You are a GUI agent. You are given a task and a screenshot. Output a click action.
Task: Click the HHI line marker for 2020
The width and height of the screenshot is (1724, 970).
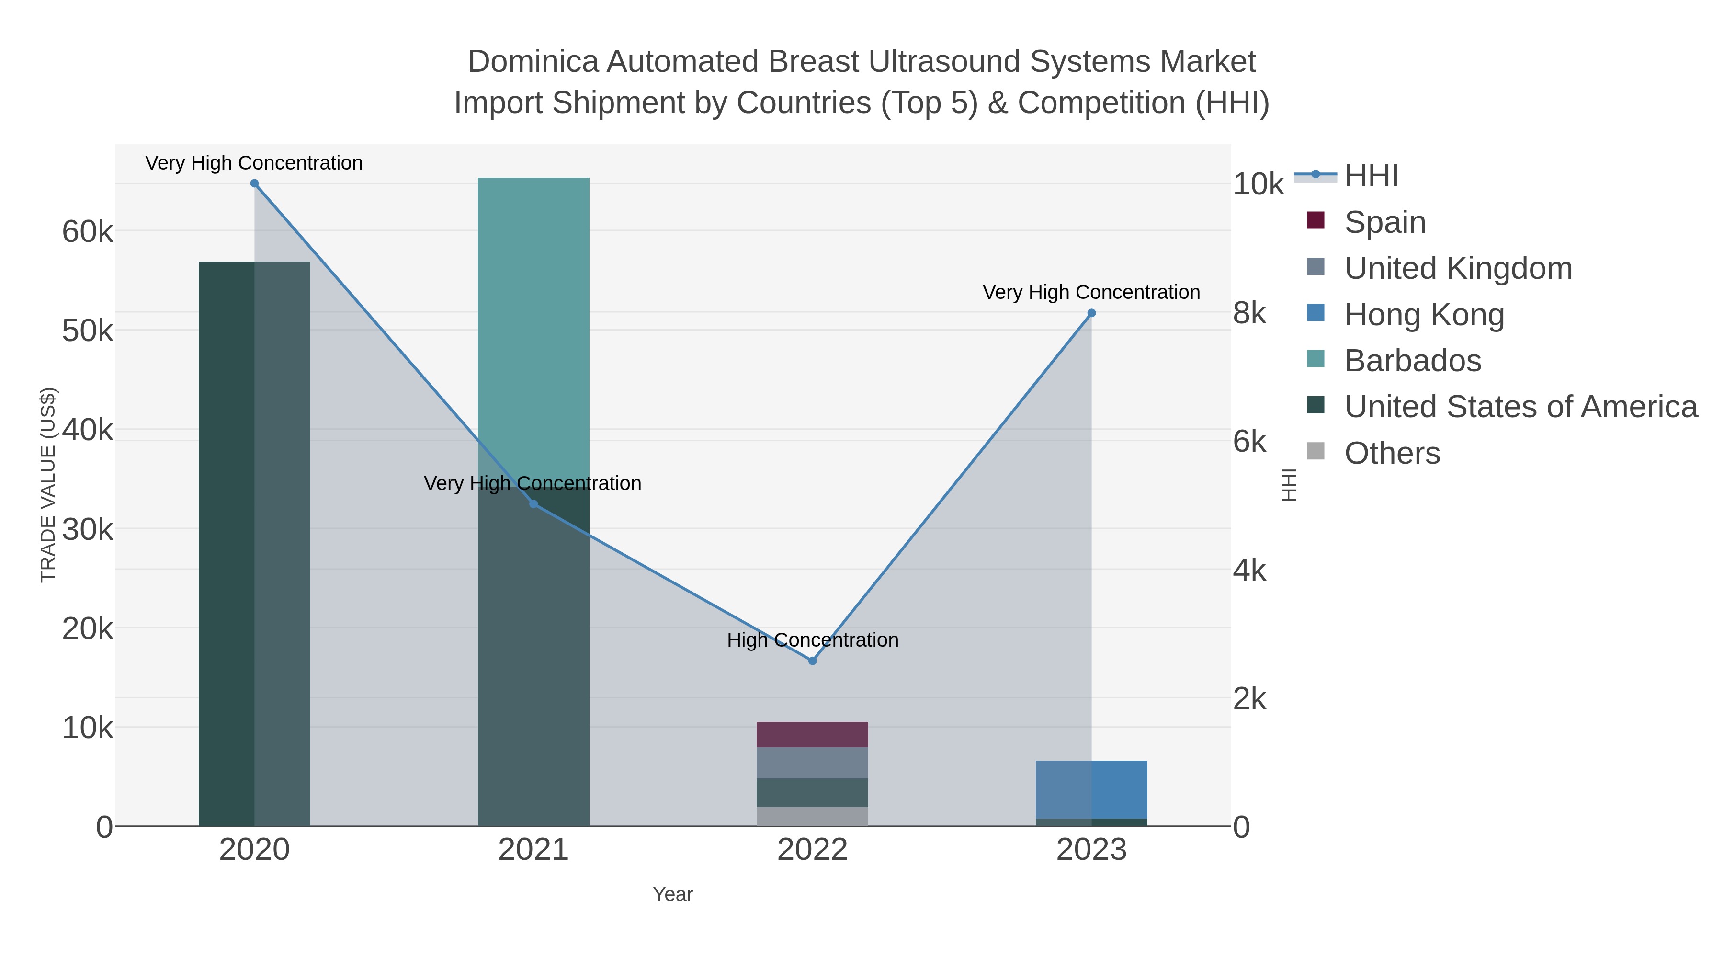(254, 183)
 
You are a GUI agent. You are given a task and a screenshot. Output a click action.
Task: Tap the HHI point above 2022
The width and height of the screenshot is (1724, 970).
(813, 661)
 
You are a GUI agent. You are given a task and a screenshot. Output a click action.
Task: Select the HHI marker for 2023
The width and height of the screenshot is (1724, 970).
(1091, 313)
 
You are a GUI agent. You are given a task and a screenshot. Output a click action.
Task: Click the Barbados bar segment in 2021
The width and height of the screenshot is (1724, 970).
(533, 321)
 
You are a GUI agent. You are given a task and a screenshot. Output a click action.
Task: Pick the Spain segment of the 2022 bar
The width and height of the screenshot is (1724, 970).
(813, 734)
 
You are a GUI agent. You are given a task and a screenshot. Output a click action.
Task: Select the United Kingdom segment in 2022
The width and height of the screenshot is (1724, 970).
(813, 763)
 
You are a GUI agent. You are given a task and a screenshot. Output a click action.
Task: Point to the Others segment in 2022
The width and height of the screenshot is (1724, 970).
(813, 817)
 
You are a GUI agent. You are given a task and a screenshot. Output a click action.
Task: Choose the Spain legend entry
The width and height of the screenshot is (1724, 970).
(1384, 222)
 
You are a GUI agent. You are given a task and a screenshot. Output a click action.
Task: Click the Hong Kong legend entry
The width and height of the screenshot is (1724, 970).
(1424, 315)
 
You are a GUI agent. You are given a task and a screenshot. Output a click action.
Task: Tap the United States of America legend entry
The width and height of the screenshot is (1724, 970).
(1520, 407)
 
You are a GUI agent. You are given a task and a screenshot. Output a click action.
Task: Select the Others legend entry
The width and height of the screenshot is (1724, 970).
(1391, 453)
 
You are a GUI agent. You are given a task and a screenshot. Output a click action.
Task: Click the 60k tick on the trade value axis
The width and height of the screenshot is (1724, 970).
(88, 232)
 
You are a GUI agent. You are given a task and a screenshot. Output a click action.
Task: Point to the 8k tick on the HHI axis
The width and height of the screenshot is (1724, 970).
(1249, 313)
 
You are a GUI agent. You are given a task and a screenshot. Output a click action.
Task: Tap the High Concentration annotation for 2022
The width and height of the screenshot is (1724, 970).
(813, 640)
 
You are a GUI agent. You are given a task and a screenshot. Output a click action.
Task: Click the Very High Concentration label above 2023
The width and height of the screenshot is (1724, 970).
(1091, 293)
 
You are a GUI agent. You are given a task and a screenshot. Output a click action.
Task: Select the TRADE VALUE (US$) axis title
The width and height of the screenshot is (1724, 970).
(48, 485)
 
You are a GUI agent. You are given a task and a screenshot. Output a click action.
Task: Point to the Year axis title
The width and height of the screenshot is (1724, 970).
(673, 894)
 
